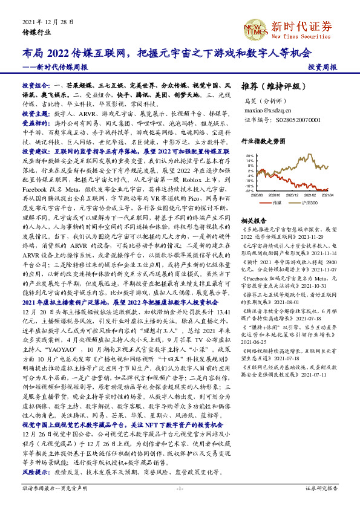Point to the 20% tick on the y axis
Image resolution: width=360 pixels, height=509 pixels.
click(x=249, y=155)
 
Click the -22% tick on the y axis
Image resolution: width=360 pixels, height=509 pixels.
click(x=249, y=190)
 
